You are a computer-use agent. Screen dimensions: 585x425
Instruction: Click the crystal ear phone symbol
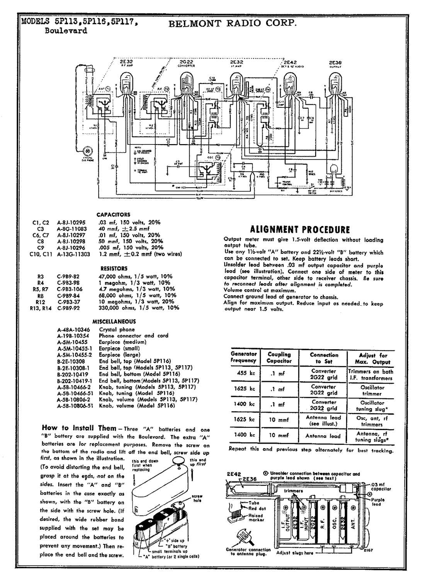click(88, 151)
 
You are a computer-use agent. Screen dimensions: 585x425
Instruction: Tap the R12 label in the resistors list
click(40, 301)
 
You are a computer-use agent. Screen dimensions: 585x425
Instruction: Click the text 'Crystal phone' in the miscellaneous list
click(117, 330)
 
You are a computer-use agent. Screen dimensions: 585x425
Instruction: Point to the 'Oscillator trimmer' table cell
click(372, 390)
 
